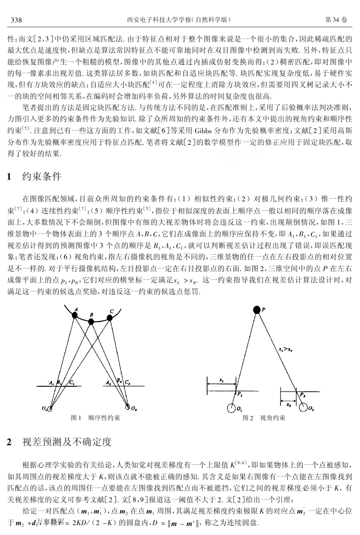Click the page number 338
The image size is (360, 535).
[16, 20]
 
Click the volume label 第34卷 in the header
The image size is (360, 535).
[336, 20]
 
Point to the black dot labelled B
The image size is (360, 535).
[91, 322]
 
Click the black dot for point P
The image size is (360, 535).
[257, 310]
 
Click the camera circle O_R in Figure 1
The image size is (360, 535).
[127, 408]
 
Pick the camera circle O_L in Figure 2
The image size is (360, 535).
[232, 408]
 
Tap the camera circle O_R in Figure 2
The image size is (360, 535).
[303, 408]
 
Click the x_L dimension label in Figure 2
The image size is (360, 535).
[222, 379]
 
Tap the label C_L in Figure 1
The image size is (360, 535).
[72, 383]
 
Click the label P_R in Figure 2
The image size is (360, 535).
[302, 394]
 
